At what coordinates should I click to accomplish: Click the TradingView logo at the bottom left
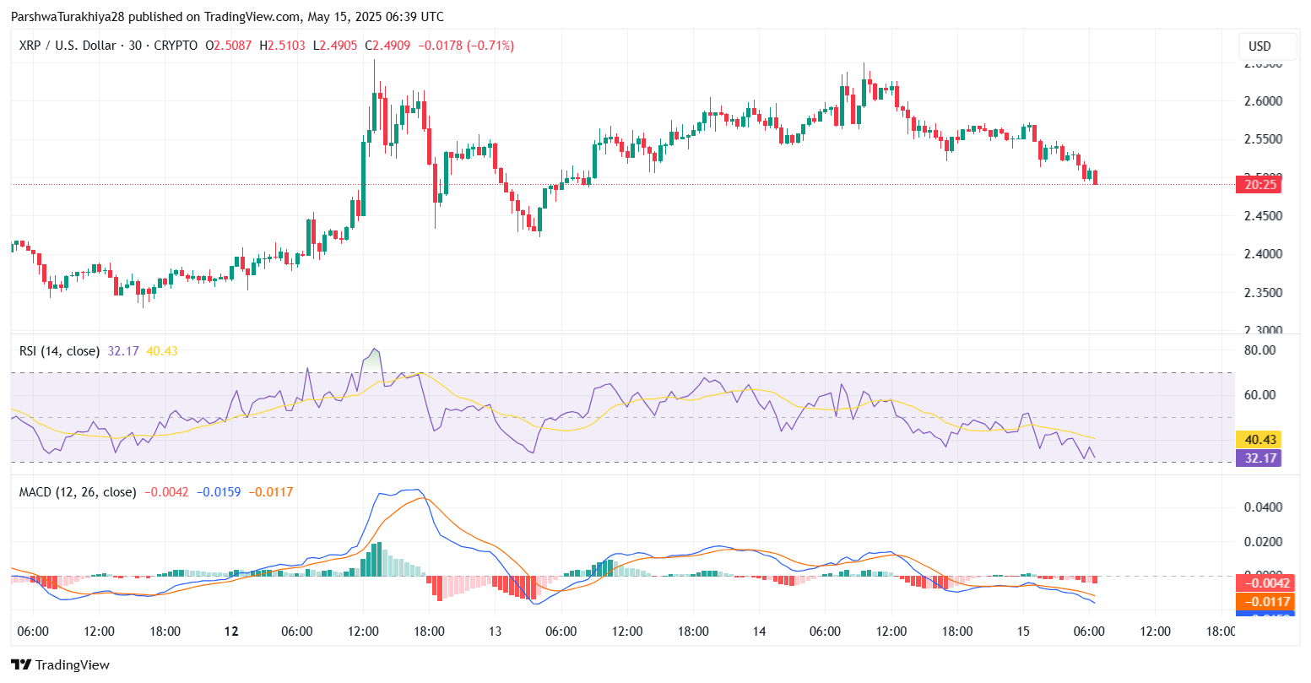(x=60, y=664)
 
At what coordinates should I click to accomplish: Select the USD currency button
(x=1260, y=46)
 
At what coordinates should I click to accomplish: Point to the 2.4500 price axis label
(x=1264, y=216)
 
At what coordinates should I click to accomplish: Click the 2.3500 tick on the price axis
(x=1264, y=293)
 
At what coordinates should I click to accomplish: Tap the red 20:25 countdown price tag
(x=1258, y=184)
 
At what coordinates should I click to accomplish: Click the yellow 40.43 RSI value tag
(x=1258, y=440)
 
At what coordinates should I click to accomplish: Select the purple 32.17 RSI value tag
(x=1258, y=458)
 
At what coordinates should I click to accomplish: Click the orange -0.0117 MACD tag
(x=1258, y=602)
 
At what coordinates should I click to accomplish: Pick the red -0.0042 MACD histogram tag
(x=1258, y=583)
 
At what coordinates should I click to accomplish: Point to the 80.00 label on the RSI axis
(x=1260, y=350)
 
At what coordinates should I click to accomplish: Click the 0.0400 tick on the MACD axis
(x=1264, y=507)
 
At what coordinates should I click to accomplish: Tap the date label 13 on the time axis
(x=495, y=632)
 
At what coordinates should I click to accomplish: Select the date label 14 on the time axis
(x=759, y=632)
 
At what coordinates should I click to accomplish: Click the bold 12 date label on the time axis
(x=231, y=632)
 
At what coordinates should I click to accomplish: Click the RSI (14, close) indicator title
(x=59, y=351)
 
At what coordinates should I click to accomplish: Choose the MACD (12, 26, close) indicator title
(x=78, y=492)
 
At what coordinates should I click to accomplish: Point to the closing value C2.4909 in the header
(x=387, y=46)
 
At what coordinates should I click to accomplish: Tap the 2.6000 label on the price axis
(x=1264, y=101)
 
